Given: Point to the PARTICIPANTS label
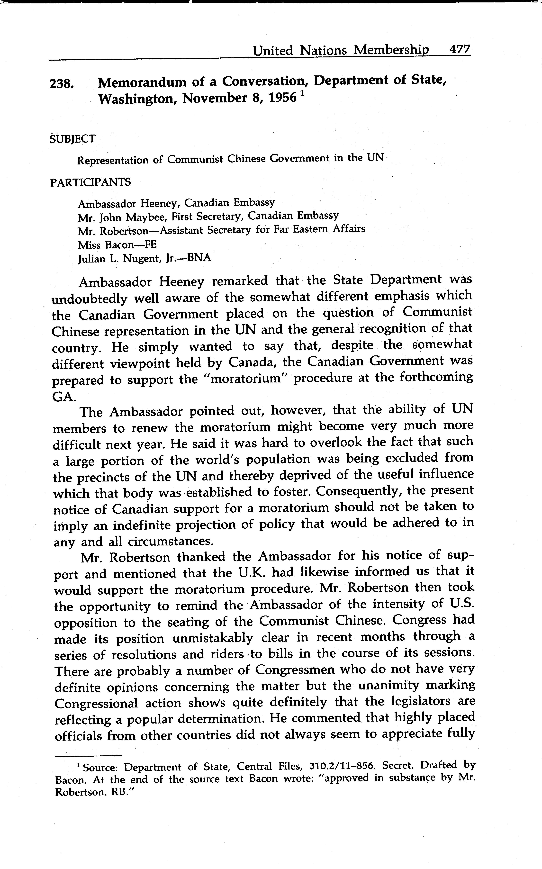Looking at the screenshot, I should point(90,182).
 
